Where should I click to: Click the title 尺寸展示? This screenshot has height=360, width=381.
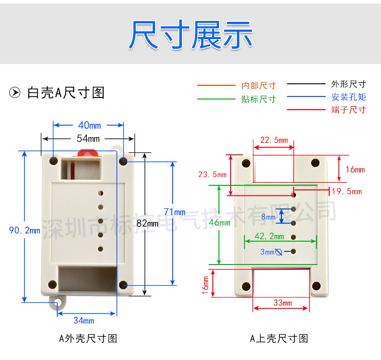[190, 35]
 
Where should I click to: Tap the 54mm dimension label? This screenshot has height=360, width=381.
[88, 138]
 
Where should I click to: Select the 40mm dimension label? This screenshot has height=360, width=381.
[89, 125]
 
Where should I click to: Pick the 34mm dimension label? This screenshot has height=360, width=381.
[84, 320]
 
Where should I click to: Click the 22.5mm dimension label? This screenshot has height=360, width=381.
[274, 140]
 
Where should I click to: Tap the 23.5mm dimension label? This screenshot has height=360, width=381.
[212, 174]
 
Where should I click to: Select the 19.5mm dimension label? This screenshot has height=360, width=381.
[346, 191]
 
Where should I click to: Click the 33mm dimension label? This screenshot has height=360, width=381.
[282, 303]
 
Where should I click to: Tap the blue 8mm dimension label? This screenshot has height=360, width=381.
[268, 217]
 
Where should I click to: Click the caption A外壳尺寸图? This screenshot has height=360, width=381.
[88, 338]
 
